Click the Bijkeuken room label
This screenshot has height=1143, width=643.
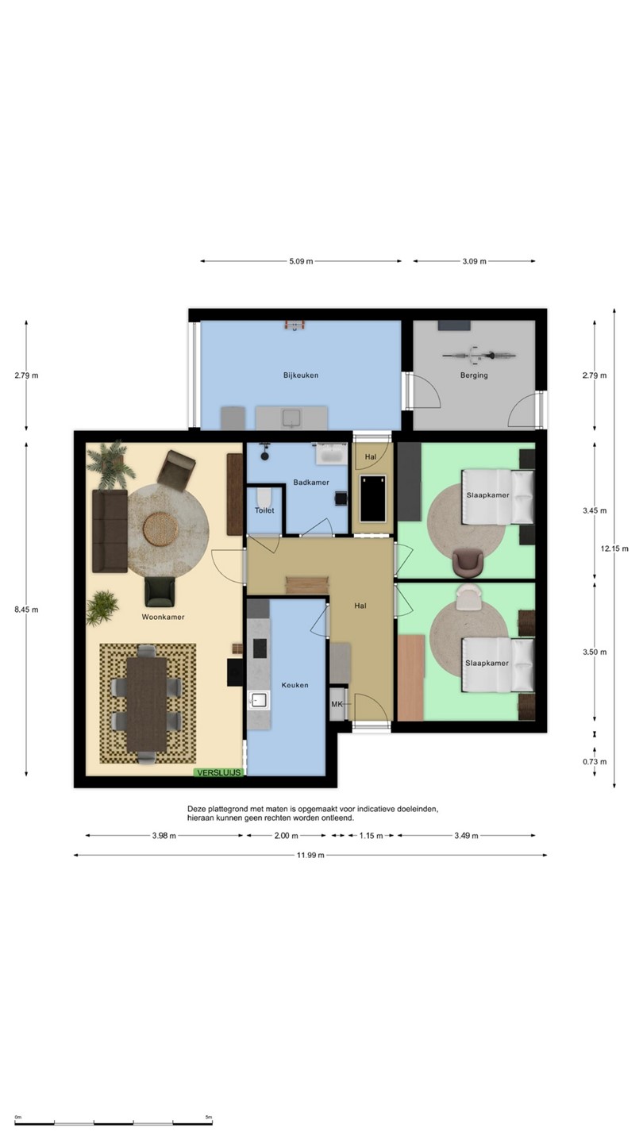301,375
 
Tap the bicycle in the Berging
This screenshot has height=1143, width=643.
479,355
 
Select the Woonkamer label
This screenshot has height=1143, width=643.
163,617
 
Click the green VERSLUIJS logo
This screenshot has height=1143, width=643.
218,772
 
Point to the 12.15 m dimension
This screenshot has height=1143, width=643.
614,548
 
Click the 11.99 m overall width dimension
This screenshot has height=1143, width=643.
310,855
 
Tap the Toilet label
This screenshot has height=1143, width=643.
264,510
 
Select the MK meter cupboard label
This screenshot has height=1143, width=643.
337,704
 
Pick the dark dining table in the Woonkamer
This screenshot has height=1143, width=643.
146,704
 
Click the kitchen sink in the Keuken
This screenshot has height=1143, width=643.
259,700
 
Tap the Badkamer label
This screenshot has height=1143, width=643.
311,483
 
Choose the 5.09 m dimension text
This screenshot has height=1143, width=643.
301,261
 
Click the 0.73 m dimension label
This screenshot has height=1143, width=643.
595,762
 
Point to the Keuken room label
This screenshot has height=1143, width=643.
295,685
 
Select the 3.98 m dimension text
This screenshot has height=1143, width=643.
164,836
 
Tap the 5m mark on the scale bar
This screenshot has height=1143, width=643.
209,1117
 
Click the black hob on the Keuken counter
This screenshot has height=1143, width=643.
260,648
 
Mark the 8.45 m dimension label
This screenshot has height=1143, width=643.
26,610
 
